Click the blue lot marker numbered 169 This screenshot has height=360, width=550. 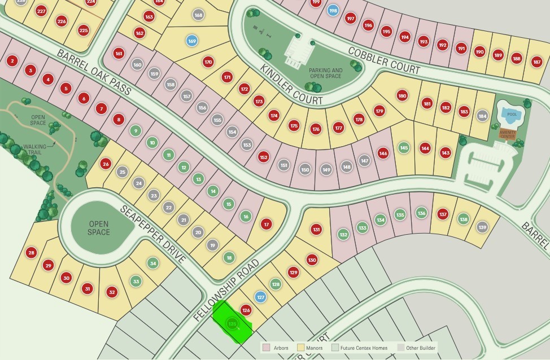click(192, 41)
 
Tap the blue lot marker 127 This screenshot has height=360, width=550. click(260, 297)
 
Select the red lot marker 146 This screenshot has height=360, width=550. click(383, 153)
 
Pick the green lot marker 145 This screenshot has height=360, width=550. click(403, 148)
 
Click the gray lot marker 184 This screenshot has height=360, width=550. click(482, 116)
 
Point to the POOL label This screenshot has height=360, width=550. click(512, 115)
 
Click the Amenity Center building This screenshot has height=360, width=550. click(508, 134)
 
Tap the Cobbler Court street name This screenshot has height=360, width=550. click(384, 60)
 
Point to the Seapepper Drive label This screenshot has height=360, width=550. click(152, 234)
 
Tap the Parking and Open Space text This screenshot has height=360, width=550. click(326, 74)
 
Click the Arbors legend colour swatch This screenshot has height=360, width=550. click(267, 348)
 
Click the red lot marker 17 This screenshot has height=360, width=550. click(267, 225)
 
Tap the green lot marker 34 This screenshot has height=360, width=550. click(153, 263)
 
